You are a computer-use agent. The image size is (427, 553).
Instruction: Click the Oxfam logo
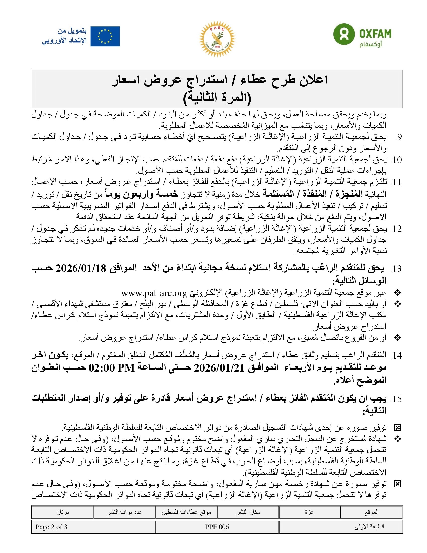362,35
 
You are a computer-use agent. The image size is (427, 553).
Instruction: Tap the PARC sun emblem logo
217,39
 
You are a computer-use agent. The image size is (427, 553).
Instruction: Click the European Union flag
105,36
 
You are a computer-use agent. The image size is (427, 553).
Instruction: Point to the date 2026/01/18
81,268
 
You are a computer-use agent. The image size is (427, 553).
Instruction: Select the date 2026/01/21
219,368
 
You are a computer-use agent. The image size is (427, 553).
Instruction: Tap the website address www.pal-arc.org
154,293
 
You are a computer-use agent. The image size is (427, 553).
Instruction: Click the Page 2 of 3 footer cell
51,527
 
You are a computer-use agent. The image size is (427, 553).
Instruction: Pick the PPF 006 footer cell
217,527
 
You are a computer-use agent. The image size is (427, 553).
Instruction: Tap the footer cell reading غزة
309,512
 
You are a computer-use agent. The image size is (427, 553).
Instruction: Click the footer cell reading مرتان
63,512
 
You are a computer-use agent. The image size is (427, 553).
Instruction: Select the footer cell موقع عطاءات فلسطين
186,512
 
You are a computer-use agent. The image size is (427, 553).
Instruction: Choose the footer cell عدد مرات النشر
124,512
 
